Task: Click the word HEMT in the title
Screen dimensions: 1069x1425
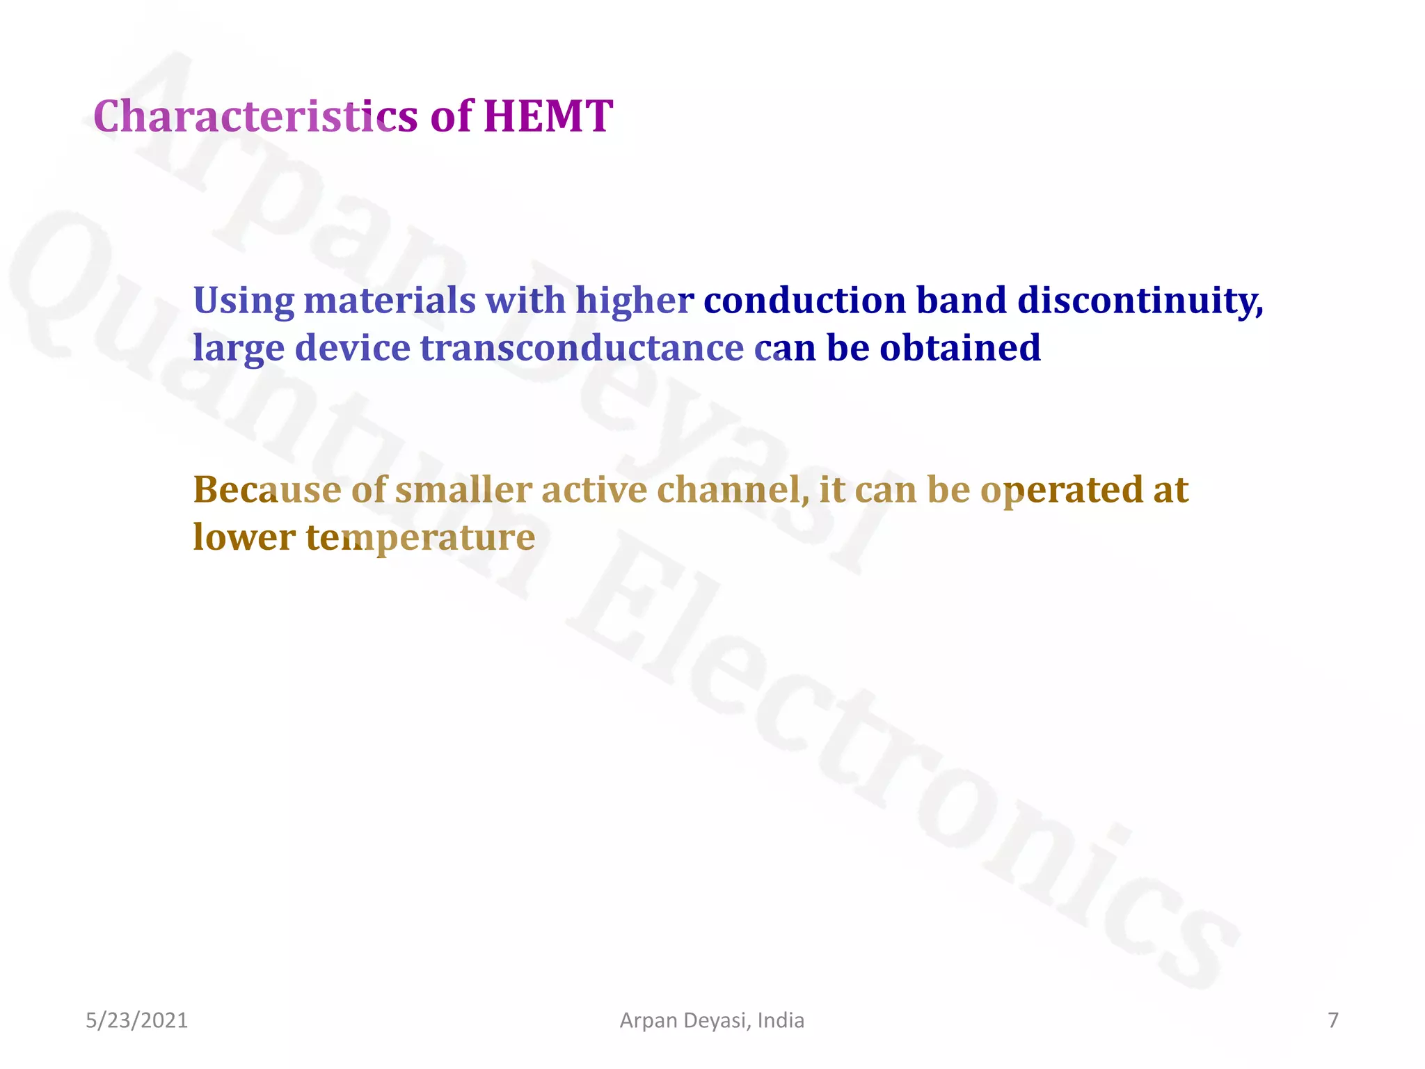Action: click(x=548, y=116)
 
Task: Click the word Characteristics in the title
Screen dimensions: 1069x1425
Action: click(x=255, y=116)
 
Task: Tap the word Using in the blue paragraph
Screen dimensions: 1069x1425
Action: click(x=244, y=301)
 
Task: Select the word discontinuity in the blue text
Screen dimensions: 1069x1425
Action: click(x=1140, y=301)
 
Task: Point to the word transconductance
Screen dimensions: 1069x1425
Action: click(x=582, y=348)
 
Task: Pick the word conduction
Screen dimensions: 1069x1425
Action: click(x=805, y=301)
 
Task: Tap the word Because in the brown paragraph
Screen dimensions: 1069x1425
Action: click(x=267, y=490)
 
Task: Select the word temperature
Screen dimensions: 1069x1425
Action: click(x=420, y=537)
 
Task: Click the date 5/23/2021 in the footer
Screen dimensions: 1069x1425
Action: click(x=136, y=1020)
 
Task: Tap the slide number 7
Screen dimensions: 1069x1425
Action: click(x=1333, y=1020)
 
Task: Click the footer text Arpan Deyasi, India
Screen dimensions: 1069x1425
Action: click(x=712, y=1020)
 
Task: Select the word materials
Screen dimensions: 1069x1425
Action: click(x=390, y=301)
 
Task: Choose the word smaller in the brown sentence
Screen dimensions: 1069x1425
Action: click(x=463, y=490)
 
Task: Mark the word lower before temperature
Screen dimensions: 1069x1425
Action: click(x=244, y=537)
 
